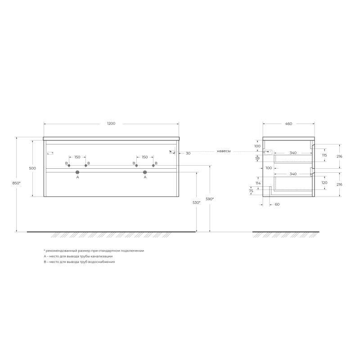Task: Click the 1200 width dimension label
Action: (x=111, y=123)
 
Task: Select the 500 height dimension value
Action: (x=32, y=168)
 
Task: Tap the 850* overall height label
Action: (x=17, y=183)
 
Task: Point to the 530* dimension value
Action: (x=196, y=202)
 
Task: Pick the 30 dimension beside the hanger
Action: (x=188, y=153)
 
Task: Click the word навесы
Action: (x=223, y=151)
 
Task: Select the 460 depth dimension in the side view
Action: (x=288, y=123)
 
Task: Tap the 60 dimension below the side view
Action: (x=277, y=204)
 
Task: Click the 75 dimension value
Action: (x=251, y=191)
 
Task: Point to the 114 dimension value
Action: (x=258, y=183)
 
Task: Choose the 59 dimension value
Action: (x=258, y=158)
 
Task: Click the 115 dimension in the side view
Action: (x=324, y=155)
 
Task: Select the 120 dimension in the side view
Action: (x=324, y=183)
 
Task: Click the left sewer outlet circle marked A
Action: (x=77, y=172)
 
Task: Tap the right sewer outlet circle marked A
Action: (x=145, y=172)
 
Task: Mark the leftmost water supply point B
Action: (x=69, y=166)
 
